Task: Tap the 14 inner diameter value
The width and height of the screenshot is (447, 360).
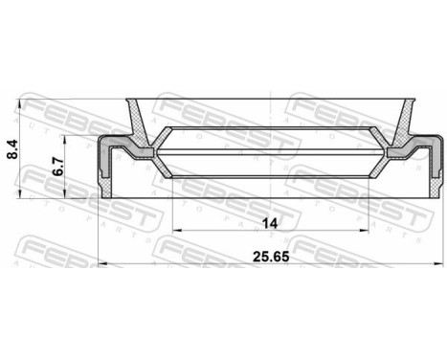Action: pos(271,197)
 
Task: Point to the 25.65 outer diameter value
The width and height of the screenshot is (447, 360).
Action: pos(271,231)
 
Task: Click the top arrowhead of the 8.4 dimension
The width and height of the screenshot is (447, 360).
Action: pos(21,101)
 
